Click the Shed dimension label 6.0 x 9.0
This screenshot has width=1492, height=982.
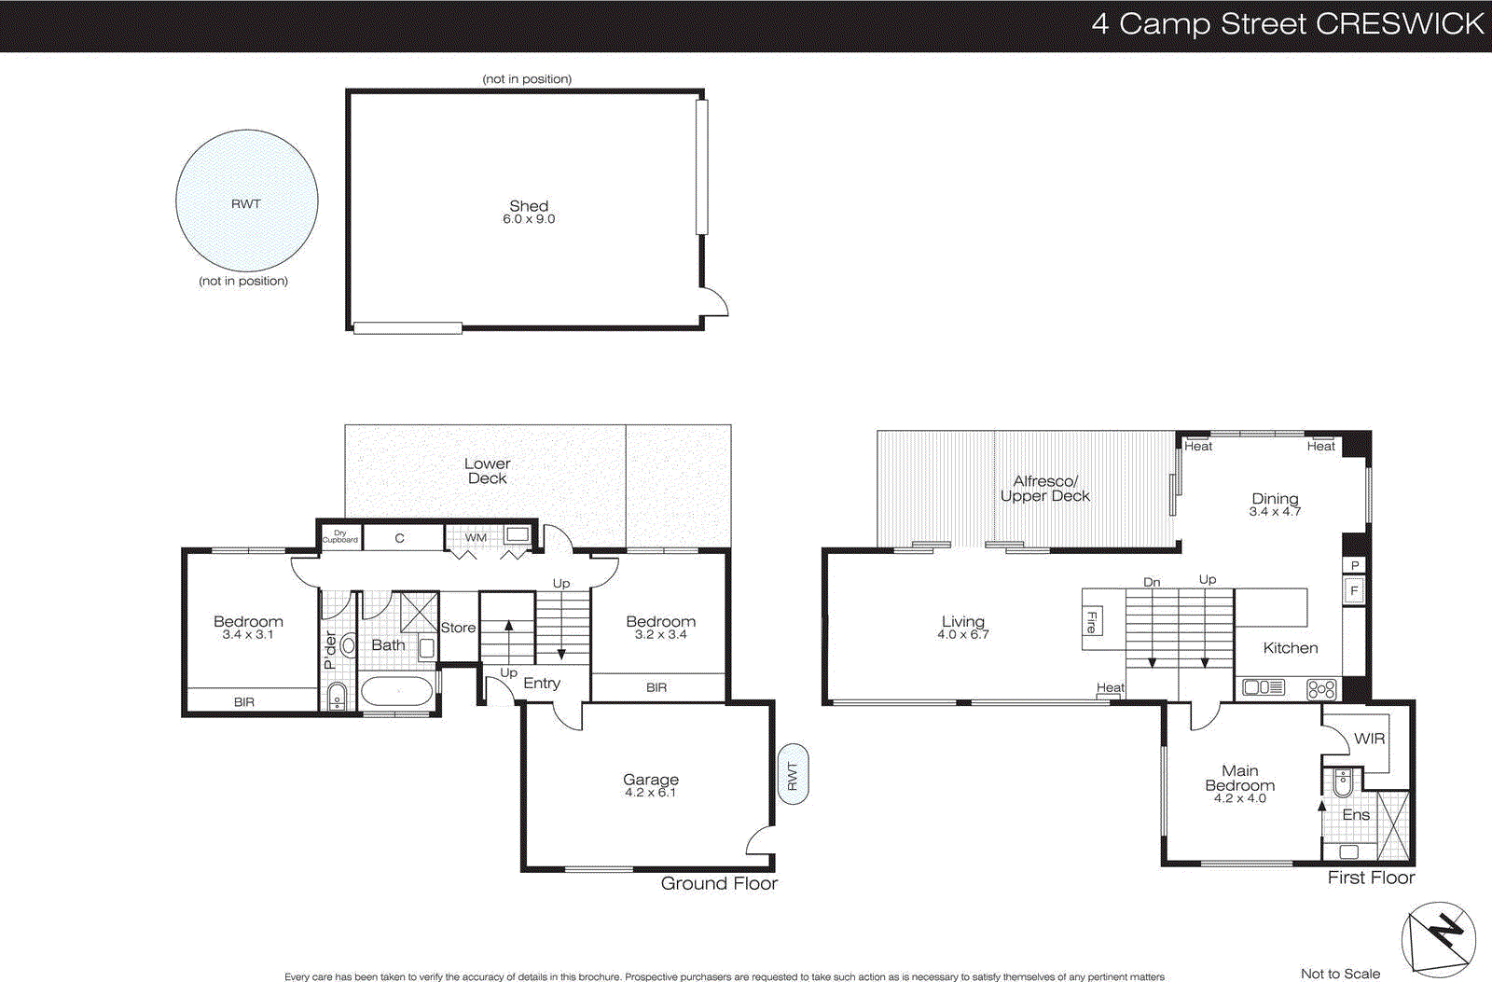click(529, 219)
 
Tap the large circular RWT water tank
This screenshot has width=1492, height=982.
click(247, 201)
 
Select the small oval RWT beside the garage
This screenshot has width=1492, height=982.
click(793, 774)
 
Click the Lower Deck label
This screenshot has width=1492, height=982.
click(487, 471)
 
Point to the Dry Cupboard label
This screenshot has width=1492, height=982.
click(340, 537)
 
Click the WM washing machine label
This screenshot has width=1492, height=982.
click(476, 537)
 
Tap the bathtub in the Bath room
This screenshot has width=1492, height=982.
click(398, 692)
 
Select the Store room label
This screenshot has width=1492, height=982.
click(458, 628)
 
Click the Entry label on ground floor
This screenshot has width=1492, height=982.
click(542, 684)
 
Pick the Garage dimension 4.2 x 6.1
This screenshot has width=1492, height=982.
click(651, 793)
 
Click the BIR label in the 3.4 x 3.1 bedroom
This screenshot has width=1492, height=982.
click(244, 702)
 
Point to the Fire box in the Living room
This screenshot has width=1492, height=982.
click(1092, 622)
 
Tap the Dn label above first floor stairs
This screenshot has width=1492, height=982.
click(1152, 582)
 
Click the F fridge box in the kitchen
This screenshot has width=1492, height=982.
click(1354, 591)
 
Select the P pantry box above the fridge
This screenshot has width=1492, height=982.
click(1355, 565)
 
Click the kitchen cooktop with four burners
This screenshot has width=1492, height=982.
click(1321, 689)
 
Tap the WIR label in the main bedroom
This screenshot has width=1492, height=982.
click(1369, 739)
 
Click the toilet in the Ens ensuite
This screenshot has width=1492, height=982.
click(1342, 783)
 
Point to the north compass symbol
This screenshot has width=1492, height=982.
click(1439, 938)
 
